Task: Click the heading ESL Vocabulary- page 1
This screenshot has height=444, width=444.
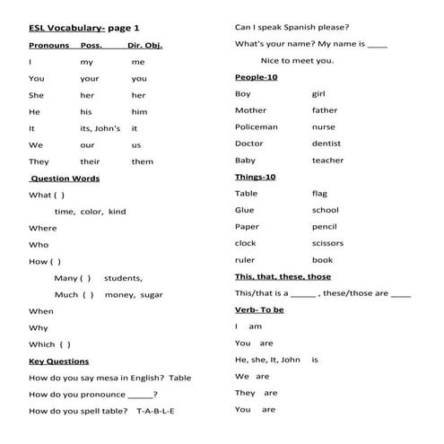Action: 79,28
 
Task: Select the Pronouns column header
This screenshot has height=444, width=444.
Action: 48,45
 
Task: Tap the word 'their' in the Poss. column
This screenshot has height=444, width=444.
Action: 90,161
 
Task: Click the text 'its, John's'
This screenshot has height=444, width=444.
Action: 100,128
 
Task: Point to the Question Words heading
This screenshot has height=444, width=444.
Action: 65,178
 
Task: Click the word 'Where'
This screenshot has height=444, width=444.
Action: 42,228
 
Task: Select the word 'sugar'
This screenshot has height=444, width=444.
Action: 152,294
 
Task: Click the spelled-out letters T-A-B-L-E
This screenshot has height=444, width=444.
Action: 155,410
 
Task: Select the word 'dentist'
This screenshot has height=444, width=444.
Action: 326,144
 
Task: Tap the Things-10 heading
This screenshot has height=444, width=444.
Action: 255,177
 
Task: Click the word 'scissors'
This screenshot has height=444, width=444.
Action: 327,243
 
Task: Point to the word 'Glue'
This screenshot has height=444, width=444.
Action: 244,210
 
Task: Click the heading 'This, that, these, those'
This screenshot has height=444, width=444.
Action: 283,276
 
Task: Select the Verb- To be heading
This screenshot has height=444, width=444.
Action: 259,309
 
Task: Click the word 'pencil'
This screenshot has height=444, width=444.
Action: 324,227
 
